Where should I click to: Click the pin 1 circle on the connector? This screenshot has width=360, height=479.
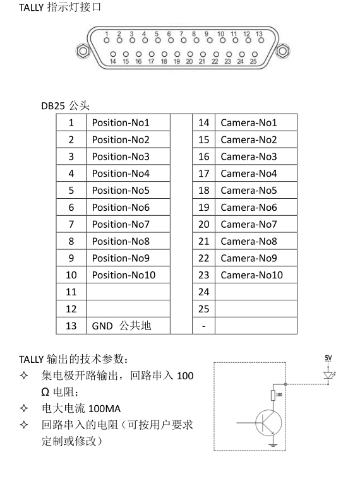(106, 40)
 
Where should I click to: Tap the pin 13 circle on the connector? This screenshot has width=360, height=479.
(261, 40)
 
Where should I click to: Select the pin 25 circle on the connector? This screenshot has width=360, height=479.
(255, 54)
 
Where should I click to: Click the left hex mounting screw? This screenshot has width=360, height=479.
(83, 50)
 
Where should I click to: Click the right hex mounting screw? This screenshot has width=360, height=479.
(283, 50)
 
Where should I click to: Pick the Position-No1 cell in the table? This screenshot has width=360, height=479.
(128, 122)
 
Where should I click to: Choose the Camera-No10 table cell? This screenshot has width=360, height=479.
(256, 275)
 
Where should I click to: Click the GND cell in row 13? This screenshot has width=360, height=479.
(128, 326)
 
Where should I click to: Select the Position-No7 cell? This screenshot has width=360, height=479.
(128, 224)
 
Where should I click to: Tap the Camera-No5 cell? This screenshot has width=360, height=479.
(256, 191)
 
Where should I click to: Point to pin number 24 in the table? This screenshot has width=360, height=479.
(204, 292)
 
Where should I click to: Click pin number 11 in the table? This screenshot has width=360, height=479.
(71, 292)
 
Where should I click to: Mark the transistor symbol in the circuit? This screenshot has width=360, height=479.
(268, 423)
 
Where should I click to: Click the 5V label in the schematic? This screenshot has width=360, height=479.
(328, 358)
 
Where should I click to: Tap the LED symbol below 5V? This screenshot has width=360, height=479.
(329, 375)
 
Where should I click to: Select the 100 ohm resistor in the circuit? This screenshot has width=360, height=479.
(273, 395)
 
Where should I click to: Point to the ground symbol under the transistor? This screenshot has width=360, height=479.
(273, 444)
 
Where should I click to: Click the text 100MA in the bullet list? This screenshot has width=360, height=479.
(104, 408)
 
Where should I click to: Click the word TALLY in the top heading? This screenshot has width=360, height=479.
(31, 8)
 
